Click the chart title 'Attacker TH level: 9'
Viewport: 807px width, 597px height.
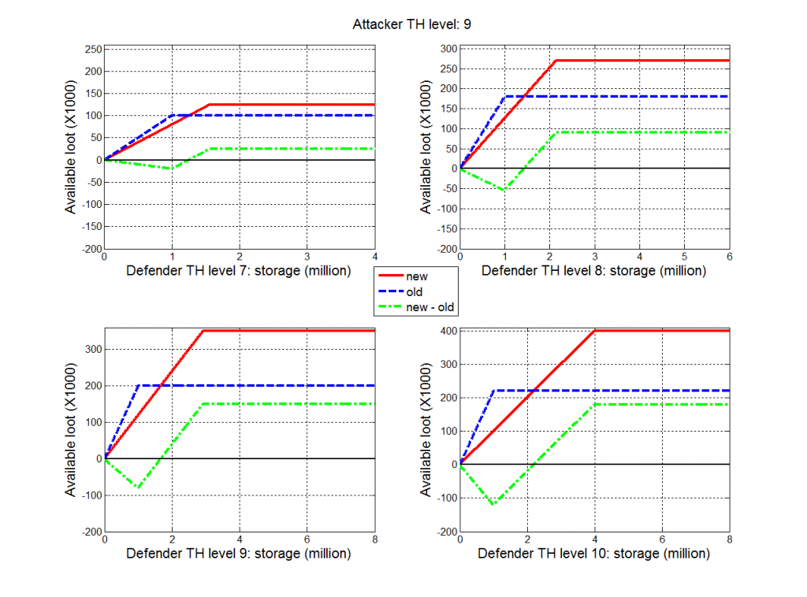[x=413, y=24]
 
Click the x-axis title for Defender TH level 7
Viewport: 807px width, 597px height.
[x=239, y=271]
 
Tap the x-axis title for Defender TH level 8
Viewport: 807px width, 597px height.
[x=593, y=271]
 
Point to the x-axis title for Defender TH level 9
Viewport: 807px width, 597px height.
[x=239, y=554]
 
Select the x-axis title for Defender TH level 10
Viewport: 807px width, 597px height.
[x=593, y=554]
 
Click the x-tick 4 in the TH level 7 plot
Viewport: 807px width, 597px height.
[x=374, y=257]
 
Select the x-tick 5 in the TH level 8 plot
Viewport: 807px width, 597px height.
[x=685, y=257]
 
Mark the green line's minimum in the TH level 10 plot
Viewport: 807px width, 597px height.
[x=493, y=504]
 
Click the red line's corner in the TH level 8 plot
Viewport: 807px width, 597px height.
[x=556, y=61]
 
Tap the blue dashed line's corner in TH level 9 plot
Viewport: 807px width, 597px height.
[x=139, y=385]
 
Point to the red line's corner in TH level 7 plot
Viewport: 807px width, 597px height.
[x=209, y=105]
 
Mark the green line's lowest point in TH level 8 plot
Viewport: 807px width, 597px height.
[x=504, y=190]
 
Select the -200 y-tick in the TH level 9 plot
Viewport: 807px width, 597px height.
[x=91, y=532]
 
